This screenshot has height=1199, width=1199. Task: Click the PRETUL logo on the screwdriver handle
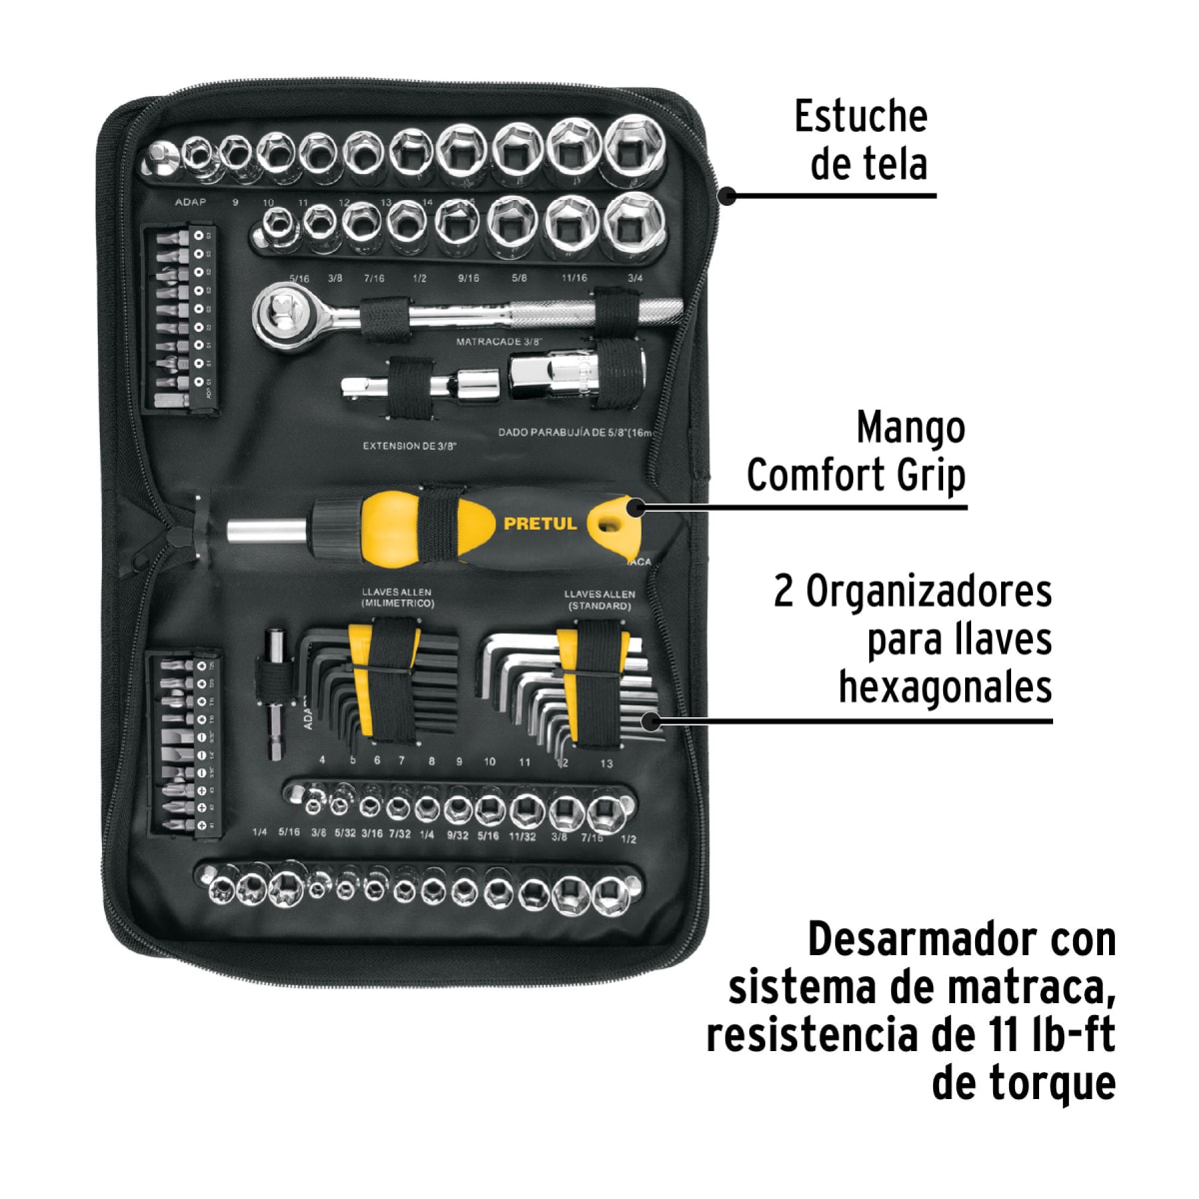540,524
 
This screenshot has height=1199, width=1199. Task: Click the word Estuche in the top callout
860,117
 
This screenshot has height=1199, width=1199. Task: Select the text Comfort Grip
856,476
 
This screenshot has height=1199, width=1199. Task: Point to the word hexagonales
944,687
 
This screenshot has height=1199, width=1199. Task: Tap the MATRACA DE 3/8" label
504,342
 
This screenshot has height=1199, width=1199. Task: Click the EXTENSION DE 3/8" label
409,446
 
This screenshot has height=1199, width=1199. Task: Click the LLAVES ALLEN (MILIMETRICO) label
397,599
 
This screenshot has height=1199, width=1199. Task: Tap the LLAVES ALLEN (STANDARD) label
599,599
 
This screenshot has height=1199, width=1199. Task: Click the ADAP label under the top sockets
190,202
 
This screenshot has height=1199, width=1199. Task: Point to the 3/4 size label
634,278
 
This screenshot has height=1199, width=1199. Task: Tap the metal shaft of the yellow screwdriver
265,531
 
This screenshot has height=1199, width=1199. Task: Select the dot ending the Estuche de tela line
727,196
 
